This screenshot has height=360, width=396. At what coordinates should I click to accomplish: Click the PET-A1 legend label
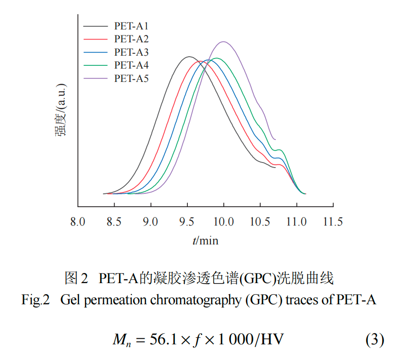[131, 26]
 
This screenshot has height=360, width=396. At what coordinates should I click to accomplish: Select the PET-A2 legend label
[131, 39]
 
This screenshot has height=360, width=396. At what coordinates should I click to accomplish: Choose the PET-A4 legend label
[131, 65]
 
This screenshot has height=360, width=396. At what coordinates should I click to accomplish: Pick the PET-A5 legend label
[131, 78]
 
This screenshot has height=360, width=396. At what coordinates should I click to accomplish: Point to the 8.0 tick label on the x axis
[77, 222]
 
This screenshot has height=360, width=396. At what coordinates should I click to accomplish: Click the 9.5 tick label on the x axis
[187, 222]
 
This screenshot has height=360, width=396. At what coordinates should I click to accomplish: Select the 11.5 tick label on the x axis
[333, 222]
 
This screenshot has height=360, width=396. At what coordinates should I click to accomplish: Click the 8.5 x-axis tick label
[114, 222]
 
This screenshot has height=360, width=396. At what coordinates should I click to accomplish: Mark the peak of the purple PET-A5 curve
[224, 41]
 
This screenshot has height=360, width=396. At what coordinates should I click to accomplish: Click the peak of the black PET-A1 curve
[188, 57]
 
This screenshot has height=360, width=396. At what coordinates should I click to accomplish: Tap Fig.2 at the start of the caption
[35, 301]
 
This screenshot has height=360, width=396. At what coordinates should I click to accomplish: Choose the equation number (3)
[374, 340]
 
